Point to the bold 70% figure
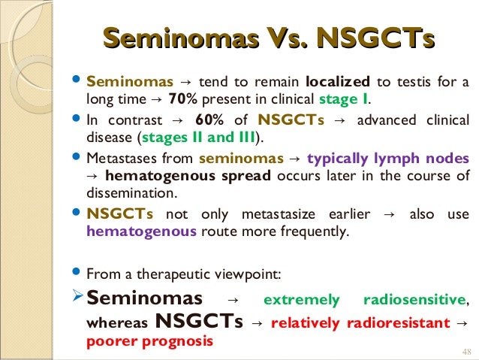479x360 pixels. point(183,98)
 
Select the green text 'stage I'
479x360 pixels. point(343,98)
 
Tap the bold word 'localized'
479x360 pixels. point(338,81)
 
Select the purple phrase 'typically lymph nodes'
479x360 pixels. point(388,159)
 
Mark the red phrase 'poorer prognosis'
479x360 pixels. point(150,340)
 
